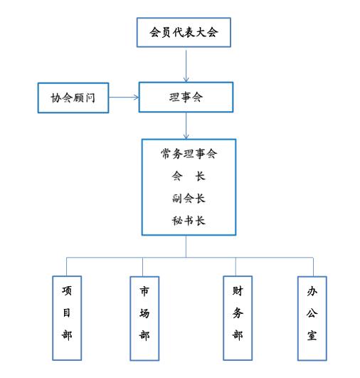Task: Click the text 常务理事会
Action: tap(189, 154)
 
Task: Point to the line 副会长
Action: tap(189, 199)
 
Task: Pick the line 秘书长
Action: tap(189, 221)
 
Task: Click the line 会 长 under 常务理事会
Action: tap(189, 176)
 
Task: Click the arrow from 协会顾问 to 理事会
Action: tap(124, 98)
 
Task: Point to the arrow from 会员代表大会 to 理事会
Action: tap(186, 66)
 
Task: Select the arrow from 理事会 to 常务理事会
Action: tap(186, 126)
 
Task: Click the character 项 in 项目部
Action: tap(67, 290)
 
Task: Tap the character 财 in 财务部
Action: tap(238, 290)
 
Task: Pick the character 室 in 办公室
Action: tap(312, 335)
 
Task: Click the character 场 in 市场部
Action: tap(144, 313)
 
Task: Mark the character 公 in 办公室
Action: tap(312, 313)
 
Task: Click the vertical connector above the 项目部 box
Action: tap(66, 267)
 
